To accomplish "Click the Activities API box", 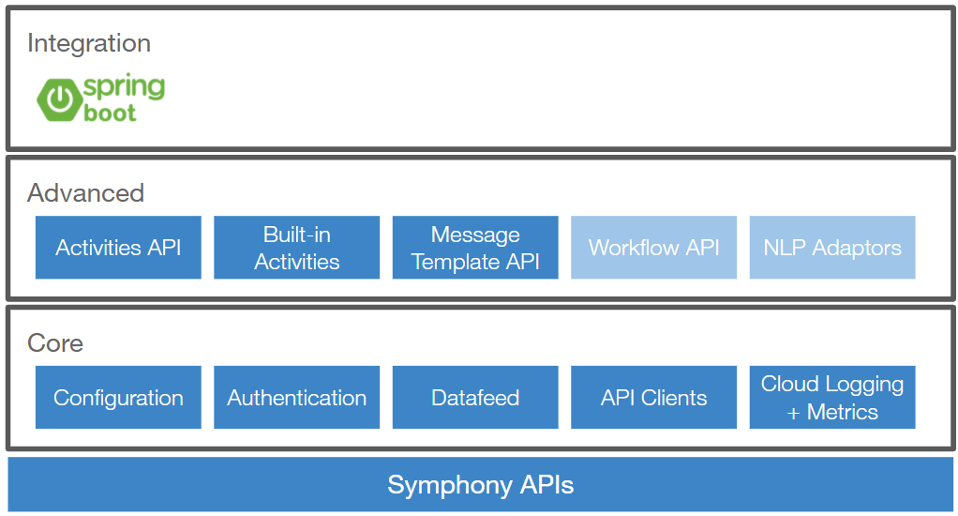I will point(118,248).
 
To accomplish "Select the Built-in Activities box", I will point(296,248).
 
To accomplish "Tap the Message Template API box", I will point(475,248).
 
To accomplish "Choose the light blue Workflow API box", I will point(653,248).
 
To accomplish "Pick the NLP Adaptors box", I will point(832,248).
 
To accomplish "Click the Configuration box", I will point(118,398).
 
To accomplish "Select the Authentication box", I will point(296,398).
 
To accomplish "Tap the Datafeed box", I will point(475,398).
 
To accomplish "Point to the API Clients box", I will point(653,398).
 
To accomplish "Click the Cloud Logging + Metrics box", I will point(832,398).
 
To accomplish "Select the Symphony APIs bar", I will point(480,485).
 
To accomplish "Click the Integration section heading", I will point(89,43).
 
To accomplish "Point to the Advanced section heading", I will point(85,193).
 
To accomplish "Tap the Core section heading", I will point(55,343).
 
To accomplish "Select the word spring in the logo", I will point(124,88).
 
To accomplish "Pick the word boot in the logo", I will point(110,114).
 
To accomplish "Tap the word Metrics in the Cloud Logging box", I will point(842,412).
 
